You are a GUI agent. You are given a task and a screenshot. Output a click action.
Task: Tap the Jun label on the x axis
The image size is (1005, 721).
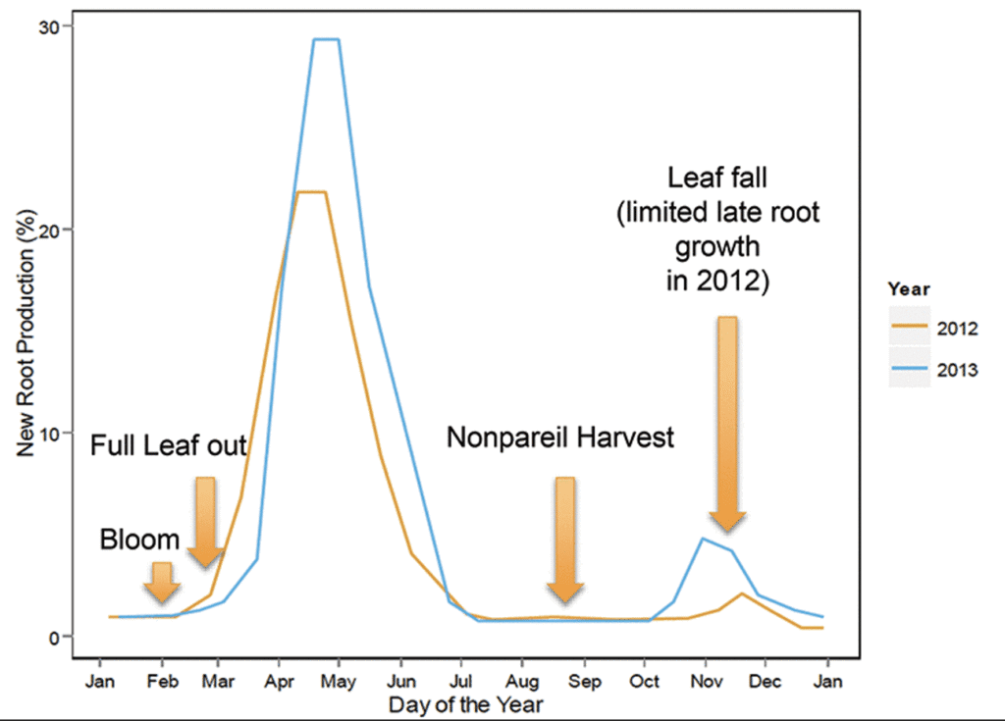pyautogui.click(x=400, y=680)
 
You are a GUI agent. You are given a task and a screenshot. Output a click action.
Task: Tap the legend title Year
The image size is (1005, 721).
pyautogui.click(x=909, y=289)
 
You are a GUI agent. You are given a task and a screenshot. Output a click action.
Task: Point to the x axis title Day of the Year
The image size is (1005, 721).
pyautogui.click(x=465, y=704)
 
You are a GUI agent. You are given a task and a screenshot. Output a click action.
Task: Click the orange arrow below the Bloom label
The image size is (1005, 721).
pyautogui.click(x=162, y=583)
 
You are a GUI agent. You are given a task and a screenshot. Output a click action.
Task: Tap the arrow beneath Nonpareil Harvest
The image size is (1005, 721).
pyautogui.click(x=565, y=539)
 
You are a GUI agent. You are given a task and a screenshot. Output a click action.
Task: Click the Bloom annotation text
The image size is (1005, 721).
pyautogui.click(x=140, y=540)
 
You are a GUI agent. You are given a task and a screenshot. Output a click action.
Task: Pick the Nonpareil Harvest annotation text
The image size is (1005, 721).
pyautogui.click(x=560, y=438)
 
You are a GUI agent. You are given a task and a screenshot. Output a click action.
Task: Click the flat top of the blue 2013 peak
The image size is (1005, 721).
pyautogui.click(x=326, y=40)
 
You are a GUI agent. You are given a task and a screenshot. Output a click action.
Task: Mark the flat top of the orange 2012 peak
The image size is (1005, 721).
pyautogui.click(x=312, y=192)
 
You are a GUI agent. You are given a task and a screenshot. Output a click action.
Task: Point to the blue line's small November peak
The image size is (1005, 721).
pyautogui.click(x=703, y=539)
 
